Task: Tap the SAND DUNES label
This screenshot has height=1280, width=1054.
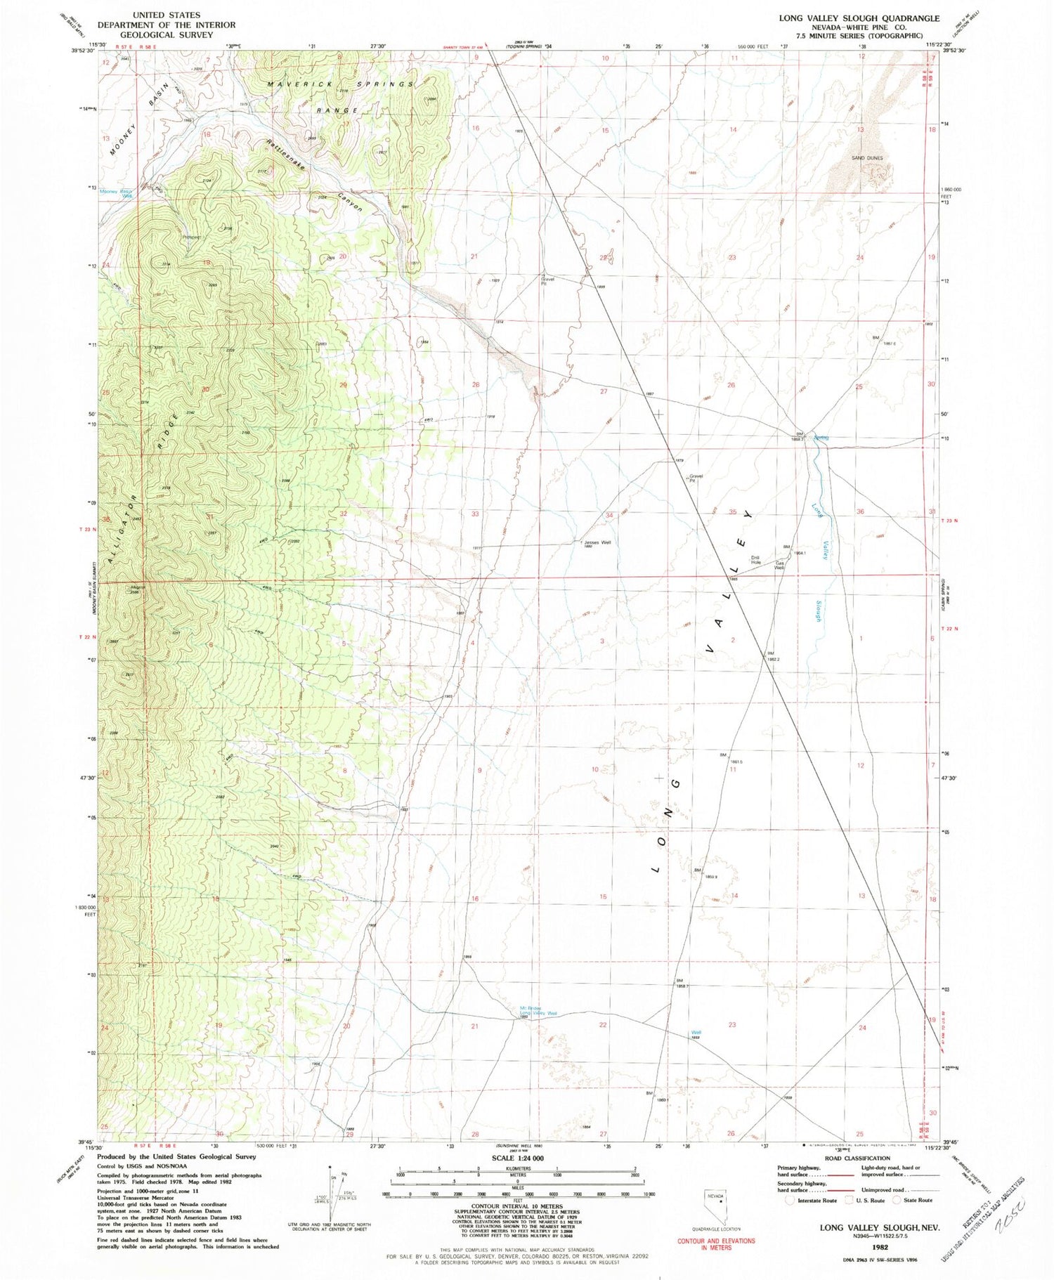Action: pos(866,158)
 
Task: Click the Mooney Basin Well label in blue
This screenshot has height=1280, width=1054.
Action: pos(117,193)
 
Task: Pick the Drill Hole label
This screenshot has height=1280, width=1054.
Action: pos(755,560)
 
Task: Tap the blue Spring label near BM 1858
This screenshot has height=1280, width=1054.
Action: pos(821,438)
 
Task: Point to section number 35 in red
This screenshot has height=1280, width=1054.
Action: pos(733,512)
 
